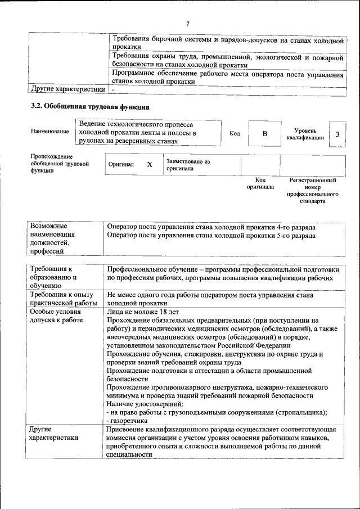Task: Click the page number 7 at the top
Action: (188, 23)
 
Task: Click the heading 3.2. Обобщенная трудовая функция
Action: (89, 107)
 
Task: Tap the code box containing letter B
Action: (264, 134)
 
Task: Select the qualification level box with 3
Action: (337, 134)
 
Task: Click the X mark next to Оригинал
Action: (150, 165)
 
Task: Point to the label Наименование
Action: (50, 131)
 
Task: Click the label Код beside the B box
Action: (235, 133)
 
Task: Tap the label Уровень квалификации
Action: (304, 134)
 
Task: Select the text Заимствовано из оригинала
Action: (188, 165)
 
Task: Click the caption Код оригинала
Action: (260, 183)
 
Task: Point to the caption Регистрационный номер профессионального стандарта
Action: (313, 190)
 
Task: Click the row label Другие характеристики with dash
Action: (68, 89)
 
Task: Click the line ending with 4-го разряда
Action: (210, 227)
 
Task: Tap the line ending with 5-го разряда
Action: (210, 236)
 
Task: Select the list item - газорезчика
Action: (127, 420)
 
